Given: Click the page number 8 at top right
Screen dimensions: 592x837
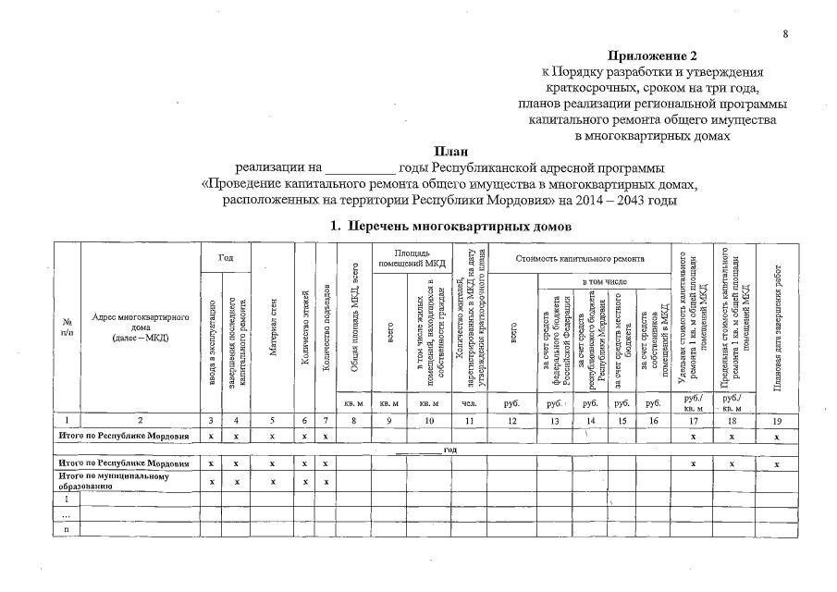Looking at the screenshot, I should pos(785,34).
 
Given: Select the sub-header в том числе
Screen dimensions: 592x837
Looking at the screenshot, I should pos(604,279).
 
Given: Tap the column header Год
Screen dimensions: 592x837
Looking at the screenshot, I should pos(225,256).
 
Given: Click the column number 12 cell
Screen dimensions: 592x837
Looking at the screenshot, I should pos(511,421).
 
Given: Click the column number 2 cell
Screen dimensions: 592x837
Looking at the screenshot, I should pos(141,421).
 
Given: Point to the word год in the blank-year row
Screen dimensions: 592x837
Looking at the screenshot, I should pos(450,450).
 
